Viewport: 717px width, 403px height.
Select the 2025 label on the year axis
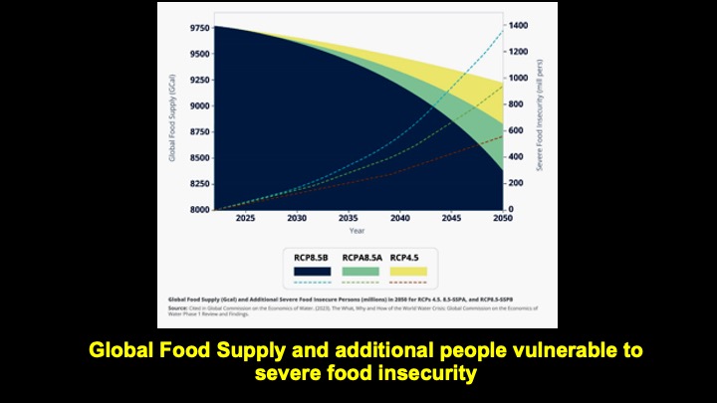tap(244, 218)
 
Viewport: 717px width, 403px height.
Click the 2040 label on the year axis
tap(399, 218)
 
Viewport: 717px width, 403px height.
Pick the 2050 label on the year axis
tap(504, 218)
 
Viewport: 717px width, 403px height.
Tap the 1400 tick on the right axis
tap(519, 25)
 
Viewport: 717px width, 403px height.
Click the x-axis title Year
tap(357, 231)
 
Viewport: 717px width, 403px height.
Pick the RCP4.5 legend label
tap(405, 257)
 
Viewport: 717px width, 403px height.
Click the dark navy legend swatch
tap(311, 271)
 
